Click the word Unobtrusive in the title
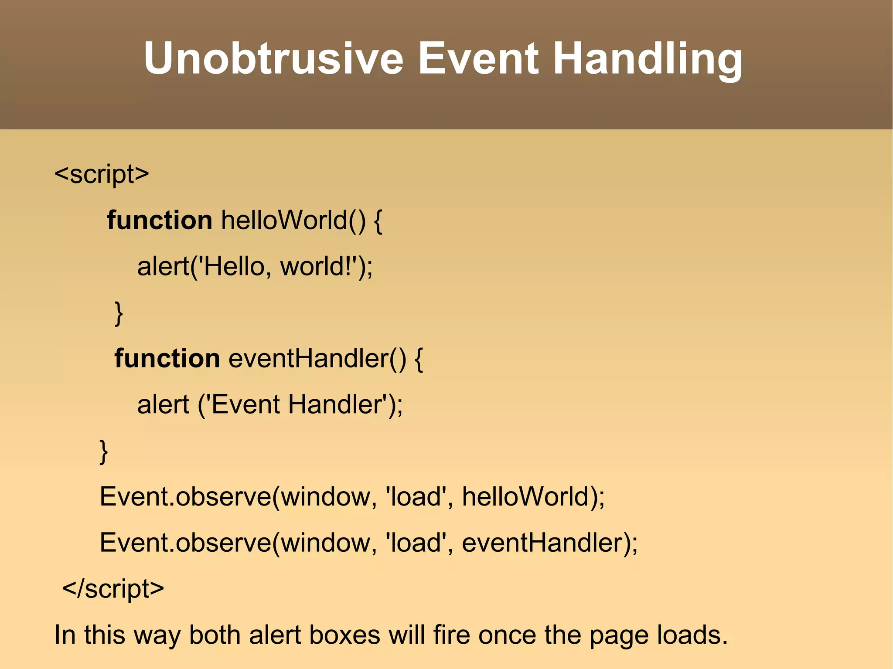(x=273, y=58)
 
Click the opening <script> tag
(x=102, y=174)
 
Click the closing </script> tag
(x=113, y=589)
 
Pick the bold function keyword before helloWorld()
(x=159, y=220)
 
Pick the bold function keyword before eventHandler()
(x=167, y=358)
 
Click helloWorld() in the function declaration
(x=293, y=220)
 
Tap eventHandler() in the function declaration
(x=317, y=358)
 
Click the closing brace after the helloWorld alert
(x=118, y=313)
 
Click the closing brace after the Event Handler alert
(x=103, y=452)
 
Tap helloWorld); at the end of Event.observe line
(x=533, y=497)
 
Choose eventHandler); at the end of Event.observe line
(x=549, y=543)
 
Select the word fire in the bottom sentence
(x=451, y=635)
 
